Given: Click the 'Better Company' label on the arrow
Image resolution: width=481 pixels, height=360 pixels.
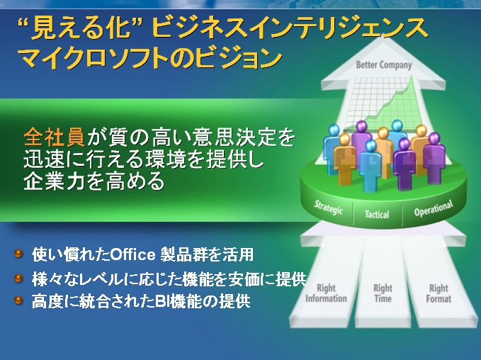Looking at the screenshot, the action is [384, 65].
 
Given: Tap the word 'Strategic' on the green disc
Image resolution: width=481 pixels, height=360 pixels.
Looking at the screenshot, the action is [328, 208].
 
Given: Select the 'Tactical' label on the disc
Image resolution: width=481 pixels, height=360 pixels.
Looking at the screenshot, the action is [377, 214].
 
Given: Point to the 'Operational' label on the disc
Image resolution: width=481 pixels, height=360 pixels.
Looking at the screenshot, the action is [434, 208].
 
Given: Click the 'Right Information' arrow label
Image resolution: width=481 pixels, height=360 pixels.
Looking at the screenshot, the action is [326, 293].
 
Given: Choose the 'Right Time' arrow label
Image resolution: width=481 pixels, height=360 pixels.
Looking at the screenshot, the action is [383, 293].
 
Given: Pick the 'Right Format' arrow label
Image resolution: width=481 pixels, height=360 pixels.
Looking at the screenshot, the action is [438, 293].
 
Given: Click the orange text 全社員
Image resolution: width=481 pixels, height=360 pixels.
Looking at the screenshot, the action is [54, 137].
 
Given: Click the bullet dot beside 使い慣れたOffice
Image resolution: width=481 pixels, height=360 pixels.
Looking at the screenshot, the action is [18, 254].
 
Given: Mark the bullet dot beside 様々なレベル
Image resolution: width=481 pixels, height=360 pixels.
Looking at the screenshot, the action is [18, 278].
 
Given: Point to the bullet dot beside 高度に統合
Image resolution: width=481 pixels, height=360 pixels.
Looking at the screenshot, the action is [18, 300].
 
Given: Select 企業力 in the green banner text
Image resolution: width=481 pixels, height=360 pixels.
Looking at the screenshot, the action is [55, 181].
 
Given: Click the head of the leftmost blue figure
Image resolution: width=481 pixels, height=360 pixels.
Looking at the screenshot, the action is [334, 130].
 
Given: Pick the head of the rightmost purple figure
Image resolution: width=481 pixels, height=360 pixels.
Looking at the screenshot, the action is [434, 138].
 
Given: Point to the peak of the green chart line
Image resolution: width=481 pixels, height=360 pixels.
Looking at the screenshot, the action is [412, 77].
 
